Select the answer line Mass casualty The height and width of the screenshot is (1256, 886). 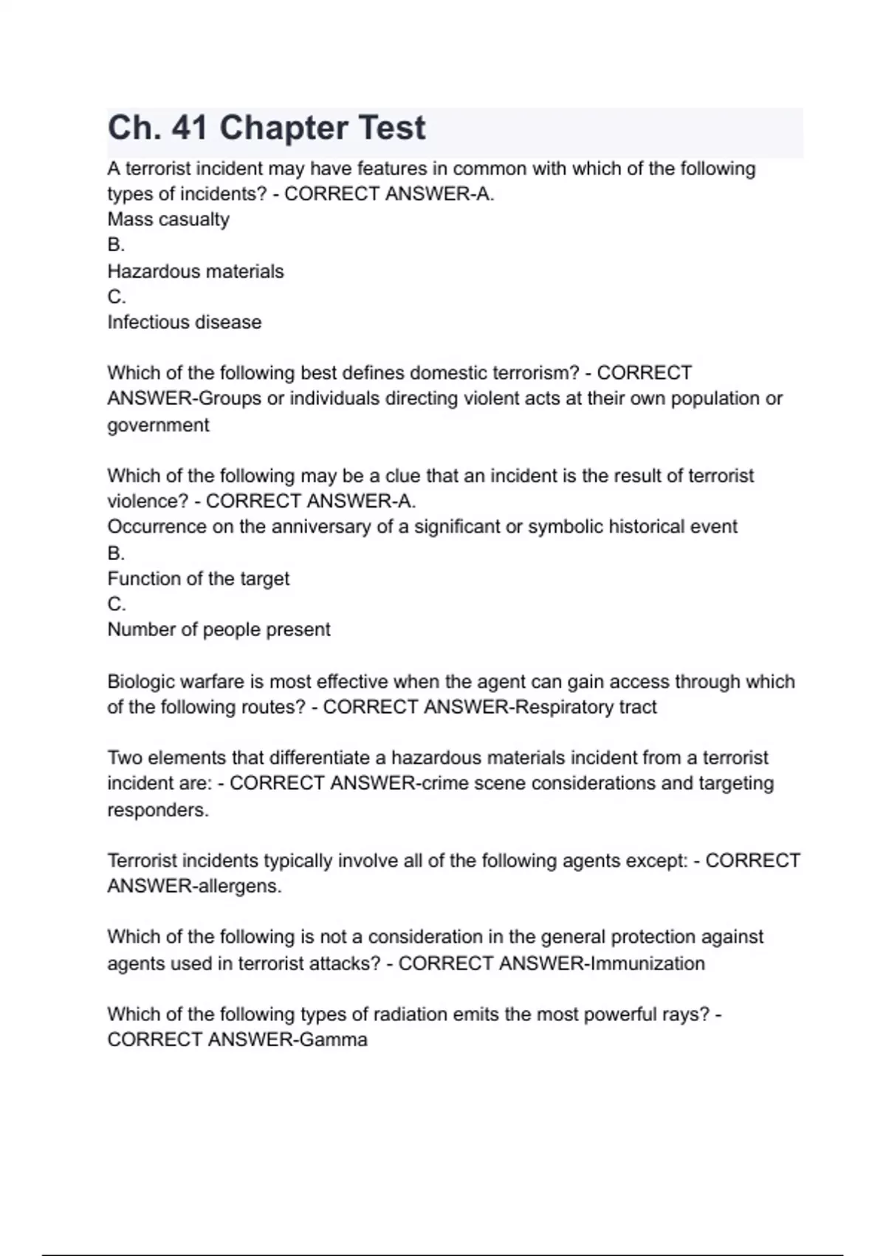[168, 219]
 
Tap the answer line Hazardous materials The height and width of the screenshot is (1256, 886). [196, 271]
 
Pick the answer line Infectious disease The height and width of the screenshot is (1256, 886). [185, 322]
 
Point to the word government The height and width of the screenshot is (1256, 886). [158, 426]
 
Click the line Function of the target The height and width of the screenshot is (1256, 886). [199, 578]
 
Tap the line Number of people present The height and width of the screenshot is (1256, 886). [219, 629]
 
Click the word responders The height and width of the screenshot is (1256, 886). [158, 810]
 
